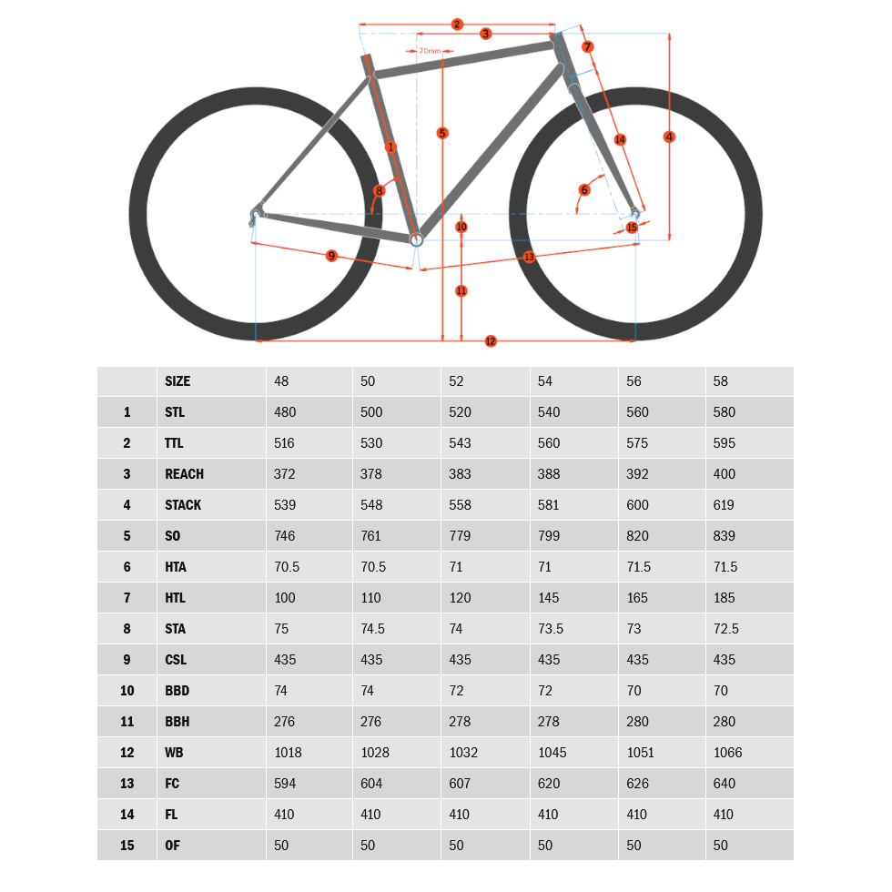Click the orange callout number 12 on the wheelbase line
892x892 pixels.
(x=491, y=340)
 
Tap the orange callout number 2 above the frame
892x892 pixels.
(x=457, y=25)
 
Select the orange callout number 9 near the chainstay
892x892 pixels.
(x=331, y=256)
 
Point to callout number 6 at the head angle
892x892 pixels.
(x=584, y=190)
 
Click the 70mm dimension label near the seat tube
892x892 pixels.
(x=430, y=51)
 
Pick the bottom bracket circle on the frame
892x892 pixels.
(x=417, y=239)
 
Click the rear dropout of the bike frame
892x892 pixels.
(x=256, y=215)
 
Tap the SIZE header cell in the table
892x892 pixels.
(x=177, y=381)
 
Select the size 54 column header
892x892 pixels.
(x=545, y=381)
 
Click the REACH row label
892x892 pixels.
(x=184, y=474)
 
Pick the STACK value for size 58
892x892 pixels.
(x=724, y=504)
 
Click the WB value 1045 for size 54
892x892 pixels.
(x=552, y=753)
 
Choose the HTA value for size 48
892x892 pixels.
(x=287, y=566)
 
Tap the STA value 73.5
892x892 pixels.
(x=551, y=629)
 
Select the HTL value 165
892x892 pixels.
(x=637, y=598)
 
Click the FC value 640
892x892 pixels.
(x=725, y=784)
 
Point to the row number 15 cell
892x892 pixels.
(x=127, y=846)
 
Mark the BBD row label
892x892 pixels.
(x=177, y=691)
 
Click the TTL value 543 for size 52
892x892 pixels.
(x=460, y=443)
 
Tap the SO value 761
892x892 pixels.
(x=371, y=536)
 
